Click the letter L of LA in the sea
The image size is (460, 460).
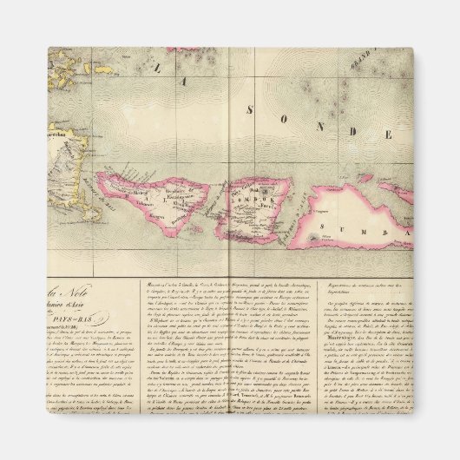[x=154, y=66]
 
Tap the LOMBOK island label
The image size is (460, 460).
[x=260, y=198]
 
